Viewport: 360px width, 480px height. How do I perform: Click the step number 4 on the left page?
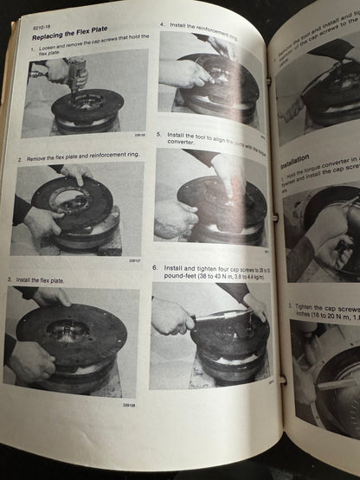pyautogui.click(x=163, y=26)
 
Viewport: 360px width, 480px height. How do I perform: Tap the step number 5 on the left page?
pyautogui.click(x=159, y=135)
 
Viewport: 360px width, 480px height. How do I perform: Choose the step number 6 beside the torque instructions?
pyautogui.click(x=155, y=267)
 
